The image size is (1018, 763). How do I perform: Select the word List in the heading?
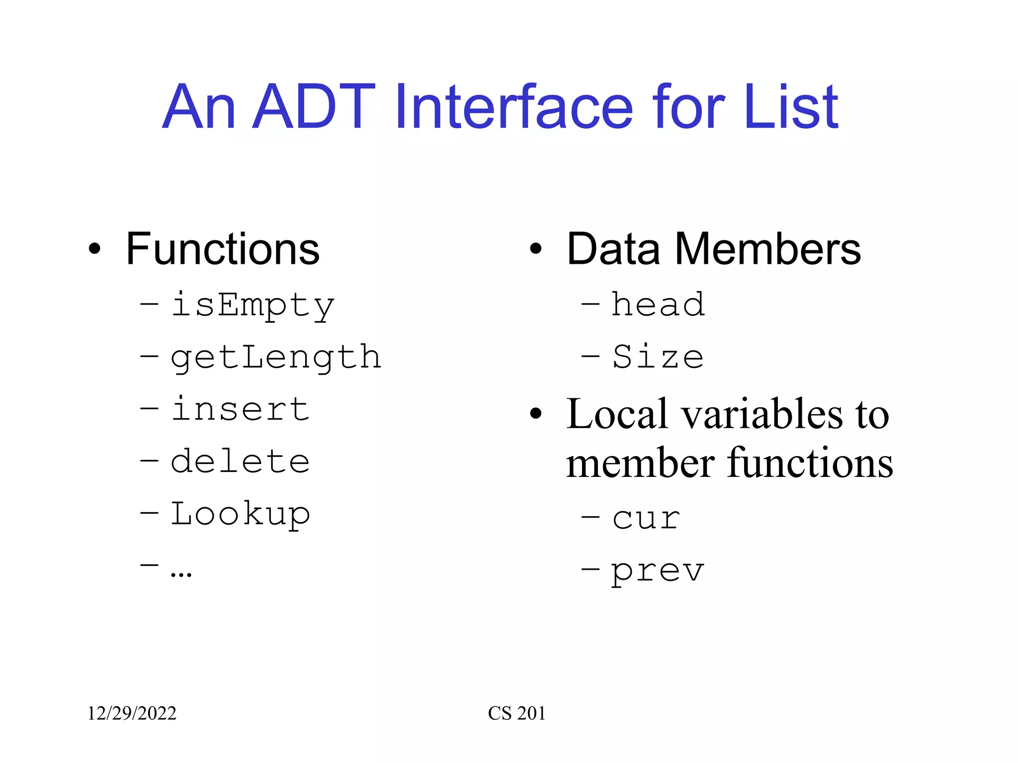(x=791, y=107)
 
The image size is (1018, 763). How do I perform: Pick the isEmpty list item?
(x=253, y=305)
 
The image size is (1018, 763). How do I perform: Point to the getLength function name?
(x=276, y=357)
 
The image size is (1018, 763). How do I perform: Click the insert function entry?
(x=240, y=409)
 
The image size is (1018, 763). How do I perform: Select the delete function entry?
(x=240, y=461)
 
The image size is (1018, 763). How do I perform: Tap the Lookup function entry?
(x=240, y=514)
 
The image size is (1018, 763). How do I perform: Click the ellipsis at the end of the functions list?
(x=180, y=573)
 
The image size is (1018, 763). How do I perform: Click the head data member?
(x=658, y=304)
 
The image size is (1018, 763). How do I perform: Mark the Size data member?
(x=658, y=357)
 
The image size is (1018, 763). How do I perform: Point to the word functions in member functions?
(x=811, y=463)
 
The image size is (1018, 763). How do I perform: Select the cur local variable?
(x=646, y=519)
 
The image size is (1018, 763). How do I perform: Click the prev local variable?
(x=658, y=571)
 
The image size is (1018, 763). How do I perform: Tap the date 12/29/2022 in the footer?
(x=132, y=713)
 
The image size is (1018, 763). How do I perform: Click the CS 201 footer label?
(x=516, y=713)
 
